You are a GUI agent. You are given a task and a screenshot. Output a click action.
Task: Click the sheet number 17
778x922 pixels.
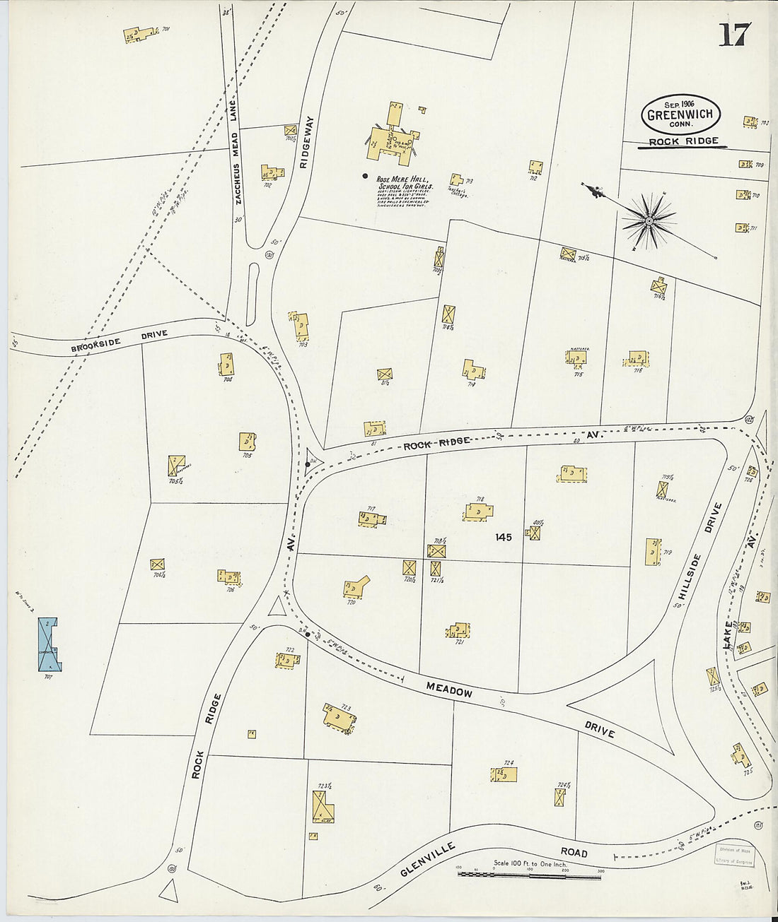pyautogui.click(x=733, y=34)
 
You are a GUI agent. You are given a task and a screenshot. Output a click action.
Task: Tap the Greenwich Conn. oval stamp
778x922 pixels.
pyautogui.click(x=680, y=114)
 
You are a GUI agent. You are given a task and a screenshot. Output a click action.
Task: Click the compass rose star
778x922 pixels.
pyautogui.click(x=648, y=222)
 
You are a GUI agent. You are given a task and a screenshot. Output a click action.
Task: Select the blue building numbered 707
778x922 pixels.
pyautogui.click(x=47, y=644)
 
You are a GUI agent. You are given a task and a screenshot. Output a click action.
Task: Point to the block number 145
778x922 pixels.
pyautogui.click(x=503, y=538)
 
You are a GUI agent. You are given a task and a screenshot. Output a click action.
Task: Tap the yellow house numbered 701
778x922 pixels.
pyautogui.click(x=141, y=34)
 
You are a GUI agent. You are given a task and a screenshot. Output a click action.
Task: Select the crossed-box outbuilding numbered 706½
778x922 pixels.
pyautogui.click(x=157, y=565)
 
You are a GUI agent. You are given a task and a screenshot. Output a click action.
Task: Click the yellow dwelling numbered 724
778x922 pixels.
pyautogui.click(x=504, y=775)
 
